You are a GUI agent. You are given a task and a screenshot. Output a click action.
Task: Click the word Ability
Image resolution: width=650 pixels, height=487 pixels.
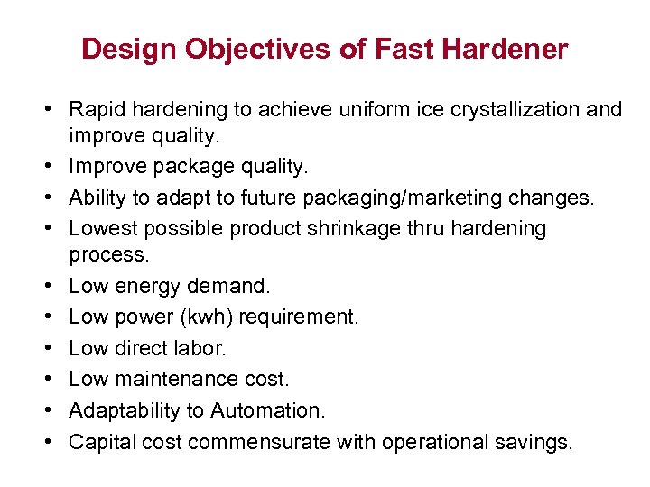[97, 198]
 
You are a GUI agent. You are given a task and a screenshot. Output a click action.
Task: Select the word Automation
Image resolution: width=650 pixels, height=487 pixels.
[267, 410]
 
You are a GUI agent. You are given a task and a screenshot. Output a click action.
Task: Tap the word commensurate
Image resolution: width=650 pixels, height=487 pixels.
[259, 442]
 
